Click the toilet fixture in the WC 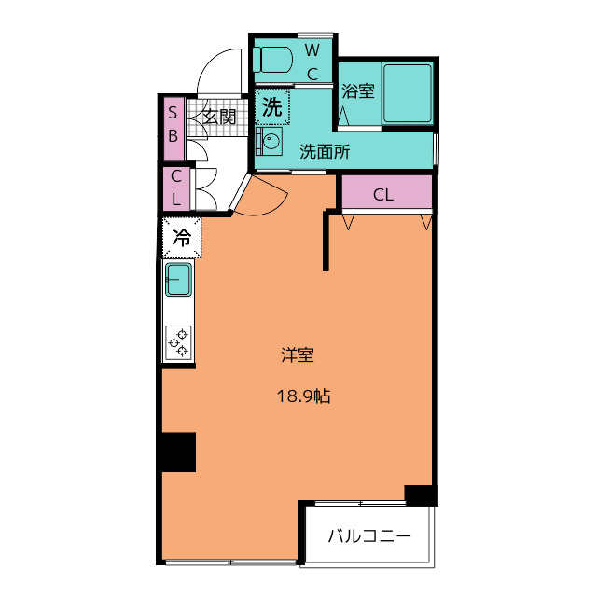pyautogui.click(x=272, y=60)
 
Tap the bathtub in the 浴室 pyautogui.click(x=408, y=93)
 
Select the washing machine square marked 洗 pyautogui.click(x=272, y=107)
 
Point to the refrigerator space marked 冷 pyautogui.click(x=182, y=238)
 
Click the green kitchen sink pyautogui.click(x=178, y=280)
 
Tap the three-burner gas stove pyautogui.click(x=178, y=342)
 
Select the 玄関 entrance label pyautogui.click(x=219, y=117)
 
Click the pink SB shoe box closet pyautogui.click(x=174, y=129)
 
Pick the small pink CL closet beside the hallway pyautogui.click(x=176, y=188)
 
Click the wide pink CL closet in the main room pyautogui.click(x=387, y=192)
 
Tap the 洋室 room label pyautogui.click(x=298, y=354)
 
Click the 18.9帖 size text pyautogui.click(x=303, y=396)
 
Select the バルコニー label pyautogui.click(x=369, y=536)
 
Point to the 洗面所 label pyautogui.click(x=325, y=151)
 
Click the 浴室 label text pyautogui.click(x=358, y=91)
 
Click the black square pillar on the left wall pyautogui.click(x=178, y=451)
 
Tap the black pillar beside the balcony pyautogui.click(x=421, y=495)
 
